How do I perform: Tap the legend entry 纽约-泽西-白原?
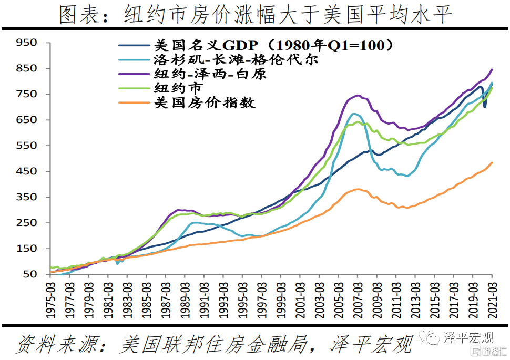(210, 74)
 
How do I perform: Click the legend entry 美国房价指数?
(205, 102)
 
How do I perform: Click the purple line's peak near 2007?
(358, 96)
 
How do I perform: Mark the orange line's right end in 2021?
(492, 162)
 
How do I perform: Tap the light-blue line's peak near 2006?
(354, 114)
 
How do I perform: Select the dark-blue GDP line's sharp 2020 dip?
(485, 107)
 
